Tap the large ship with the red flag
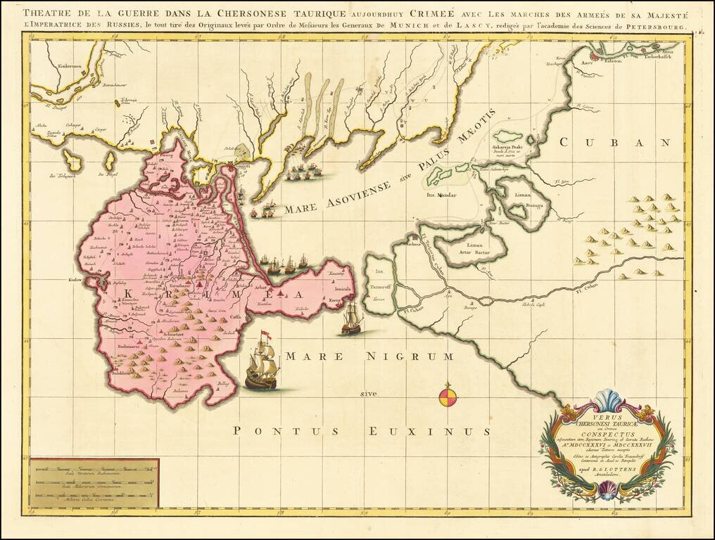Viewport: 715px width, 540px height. coord(261,364)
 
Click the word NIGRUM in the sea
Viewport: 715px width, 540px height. coord(410,357)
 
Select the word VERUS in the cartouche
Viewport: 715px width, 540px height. coord(606,416)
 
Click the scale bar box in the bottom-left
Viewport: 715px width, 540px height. coord(94,482)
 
